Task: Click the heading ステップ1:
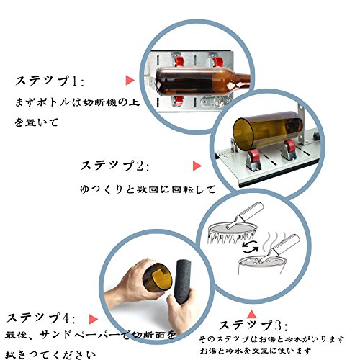[x=50, y=81]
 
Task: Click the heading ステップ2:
[x=114, y=166]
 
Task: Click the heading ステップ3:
[x=253, y=325]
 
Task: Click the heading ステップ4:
[x=41, y=318]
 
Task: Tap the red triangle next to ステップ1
[x=130, y=80]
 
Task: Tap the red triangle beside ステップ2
[x=197, y=166]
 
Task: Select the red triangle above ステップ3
[x=251, y=314]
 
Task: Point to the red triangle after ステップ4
[x=94, y=319]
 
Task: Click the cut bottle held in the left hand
[x=157, y=279]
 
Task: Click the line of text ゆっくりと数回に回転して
[x=148, y=189]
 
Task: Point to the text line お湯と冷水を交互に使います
[x=256, y=351]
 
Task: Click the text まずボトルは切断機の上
[x=77, y=102]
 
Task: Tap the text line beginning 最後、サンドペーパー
[x=90, y=335]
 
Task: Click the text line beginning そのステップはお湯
[x=271, y=339]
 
